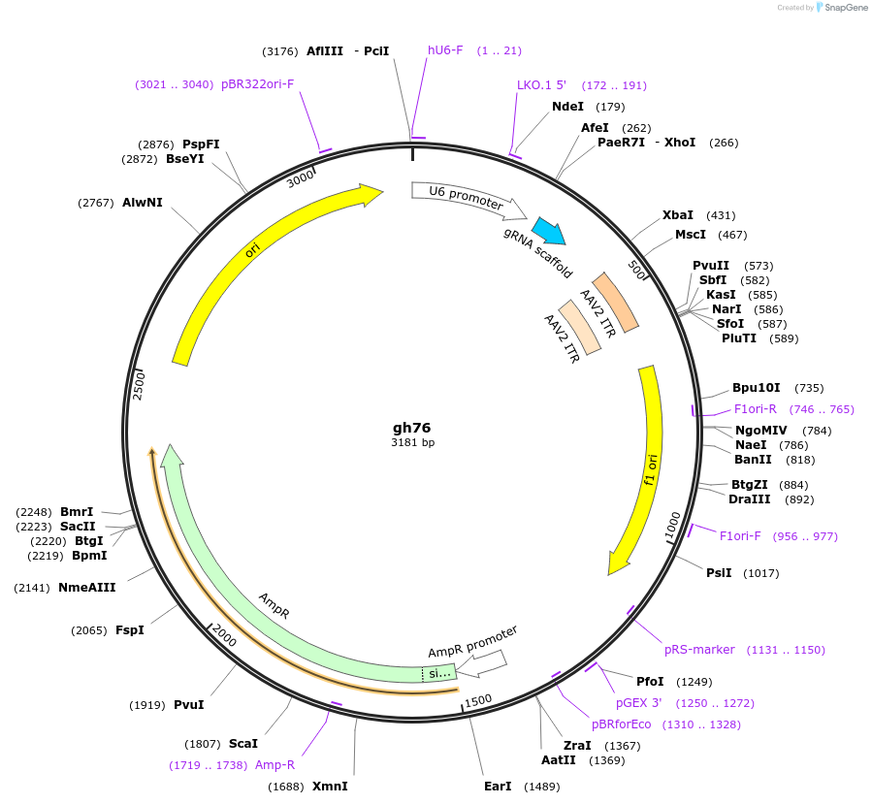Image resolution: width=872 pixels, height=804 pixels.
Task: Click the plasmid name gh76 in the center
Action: click(411, 427)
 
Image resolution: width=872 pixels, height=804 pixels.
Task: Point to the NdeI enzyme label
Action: click(568, 107)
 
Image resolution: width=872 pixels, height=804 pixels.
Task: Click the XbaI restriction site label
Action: click(678, 215)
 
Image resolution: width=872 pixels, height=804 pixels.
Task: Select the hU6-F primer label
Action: click(446, 50)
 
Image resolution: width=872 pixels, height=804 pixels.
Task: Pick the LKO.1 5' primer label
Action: click(541, 85)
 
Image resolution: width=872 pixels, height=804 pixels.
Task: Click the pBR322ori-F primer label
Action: click(257, 84)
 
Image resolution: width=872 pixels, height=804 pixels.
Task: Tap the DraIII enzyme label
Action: click(749, 499)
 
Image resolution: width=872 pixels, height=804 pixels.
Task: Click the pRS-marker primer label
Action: click(699, 650)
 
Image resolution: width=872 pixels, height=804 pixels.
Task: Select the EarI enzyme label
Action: click(498, 786)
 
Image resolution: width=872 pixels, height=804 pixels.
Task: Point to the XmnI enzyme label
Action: click(330, 786)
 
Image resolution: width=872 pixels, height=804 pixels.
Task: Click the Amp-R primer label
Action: click(275, 765)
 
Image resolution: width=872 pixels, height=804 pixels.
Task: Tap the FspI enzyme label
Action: click(130, 630)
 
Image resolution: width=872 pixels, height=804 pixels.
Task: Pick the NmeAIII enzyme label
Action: click(87, 588)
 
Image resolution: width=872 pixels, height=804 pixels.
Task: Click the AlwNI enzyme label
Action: click(143, 203)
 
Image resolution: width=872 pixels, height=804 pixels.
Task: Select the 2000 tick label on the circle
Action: click(224, 636)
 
